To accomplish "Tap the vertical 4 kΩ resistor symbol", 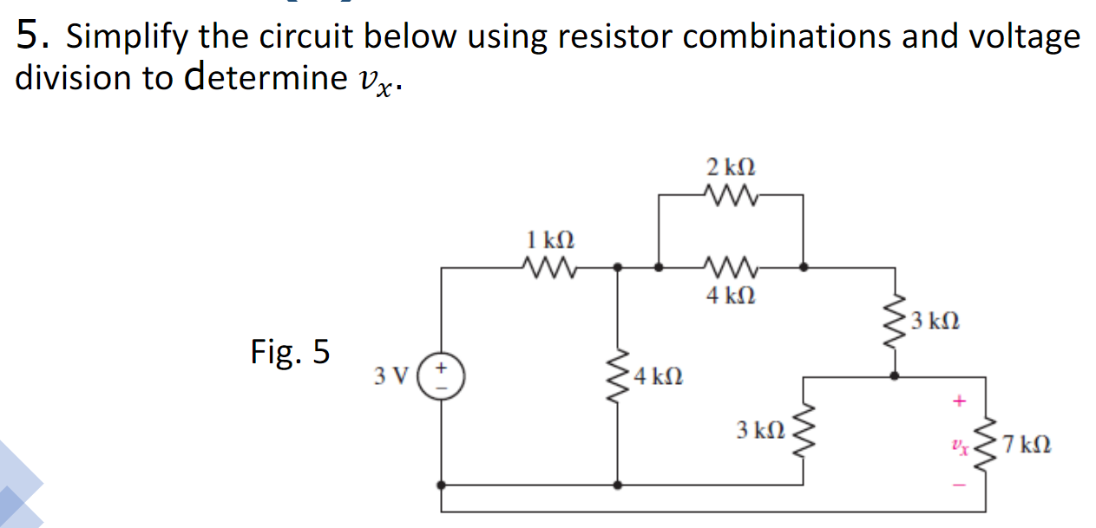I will [618, 376].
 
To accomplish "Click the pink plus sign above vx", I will [959, 402].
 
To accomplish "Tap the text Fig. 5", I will [290, 352].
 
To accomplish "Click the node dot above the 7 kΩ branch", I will [895, 376].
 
